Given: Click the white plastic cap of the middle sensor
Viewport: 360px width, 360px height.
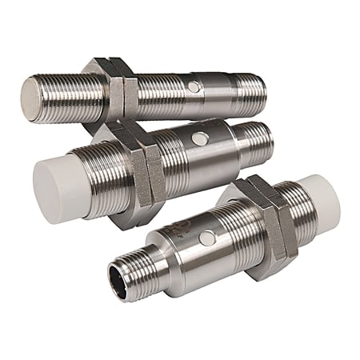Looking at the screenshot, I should pyautogui.click(x=58, y=179).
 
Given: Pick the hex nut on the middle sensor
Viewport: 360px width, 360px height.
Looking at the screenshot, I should pyautogui.click(x=143, y=166).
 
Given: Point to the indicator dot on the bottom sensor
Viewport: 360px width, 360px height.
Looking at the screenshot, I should pyautogui.click(x=206, y=238).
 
